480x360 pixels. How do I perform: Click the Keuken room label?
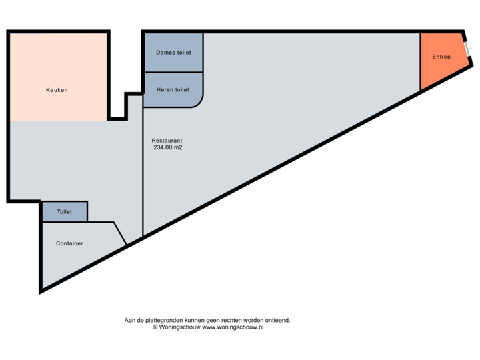click(x=57, y=90)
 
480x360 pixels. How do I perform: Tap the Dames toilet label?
click(x=173, y=52)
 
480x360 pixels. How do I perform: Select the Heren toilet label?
click(x=173, y=89)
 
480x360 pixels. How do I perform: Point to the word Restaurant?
click(x=167, y=141)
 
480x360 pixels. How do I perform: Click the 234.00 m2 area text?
click(x=167, y=148)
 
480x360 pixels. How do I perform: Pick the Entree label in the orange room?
click(x=441, y=57)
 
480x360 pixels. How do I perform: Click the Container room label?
click(x=69, y=243)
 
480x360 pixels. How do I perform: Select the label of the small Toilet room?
click(x=65, y=211)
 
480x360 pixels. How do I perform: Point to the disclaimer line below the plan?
click(x=207, y=320)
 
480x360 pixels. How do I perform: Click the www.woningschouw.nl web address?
click(x=233, y=327)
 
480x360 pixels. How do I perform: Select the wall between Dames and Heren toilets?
click(x=173, y=72)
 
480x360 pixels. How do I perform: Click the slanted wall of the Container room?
click(x=120, y=233)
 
